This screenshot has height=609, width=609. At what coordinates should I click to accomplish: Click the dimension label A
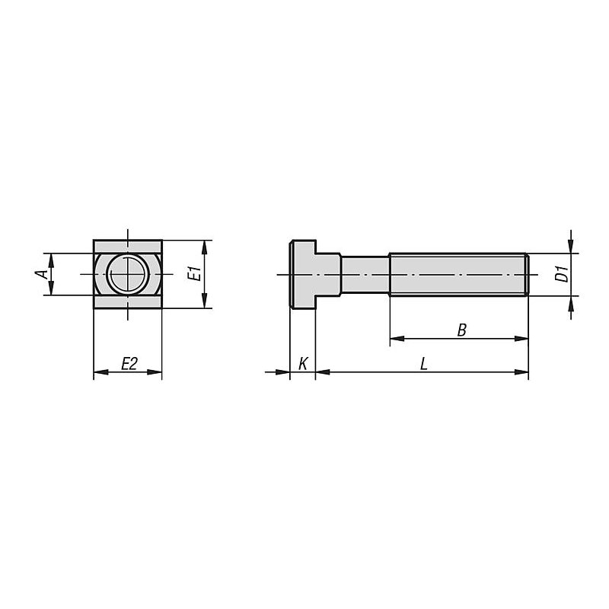pos(42,274)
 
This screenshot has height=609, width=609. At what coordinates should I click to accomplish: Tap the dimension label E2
pos(129,364)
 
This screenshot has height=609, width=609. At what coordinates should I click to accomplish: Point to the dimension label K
pos(303,364)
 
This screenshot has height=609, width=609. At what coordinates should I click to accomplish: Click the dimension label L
pos(424,364)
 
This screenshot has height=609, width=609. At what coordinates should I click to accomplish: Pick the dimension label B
pos(461,330)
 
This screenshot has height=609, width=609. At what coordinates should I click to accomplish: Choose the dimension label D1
pos(562,274)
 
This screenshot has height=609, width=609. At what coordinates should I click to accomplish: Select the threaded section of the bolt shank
pos(459,275)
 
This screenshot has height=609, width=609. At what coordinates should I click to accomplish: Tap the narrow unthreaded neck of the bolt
pos(365,275)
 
